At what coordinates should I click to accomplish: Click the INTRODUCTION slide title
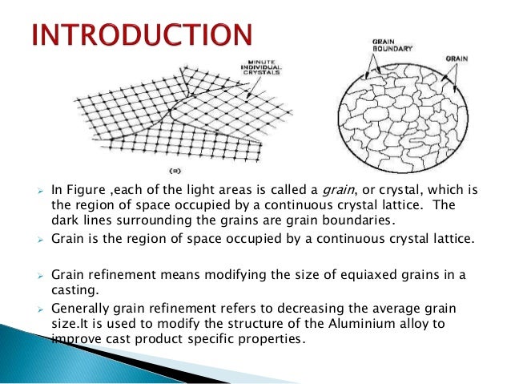(x=143, y=37)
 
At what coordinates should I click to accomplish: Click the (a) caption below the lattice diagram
(x=175, y=171)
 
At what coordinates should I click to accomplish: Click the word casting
(x=74, y=289)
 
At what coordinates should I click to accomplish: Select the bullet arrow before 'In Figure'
(x=39, y=191)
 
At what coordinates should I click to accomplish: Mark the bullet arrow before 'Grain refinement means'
(x=39, y=276)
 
